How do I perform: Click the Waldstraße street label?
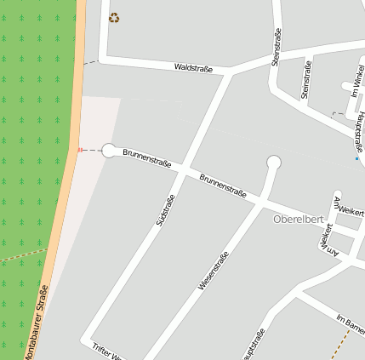[x=193, y=66]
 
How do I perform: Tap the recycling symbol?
[x=114, y=17]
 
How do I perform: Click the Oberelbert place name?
[x=298, y=220]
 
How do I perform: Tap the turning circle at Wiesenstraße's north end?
[x=273, y=162]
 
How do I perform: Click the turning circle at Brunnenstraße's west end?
[x=109, y=151]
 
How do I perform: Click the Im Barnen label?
[x=351, y=323]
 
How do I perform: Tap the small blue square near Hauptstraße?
[x=356, y=158]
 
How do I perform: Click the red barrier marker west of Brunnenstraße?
[x=80, y=150]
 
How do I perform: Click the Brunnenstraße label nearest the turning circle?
[x=147, y=158]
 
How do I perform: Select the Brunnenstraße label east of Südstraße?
[x=222, y=186]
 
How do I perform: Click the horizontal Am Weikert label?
[x=351, y=208]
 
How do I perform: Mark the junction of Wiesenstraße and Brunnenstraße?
[x=260, y=203]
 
